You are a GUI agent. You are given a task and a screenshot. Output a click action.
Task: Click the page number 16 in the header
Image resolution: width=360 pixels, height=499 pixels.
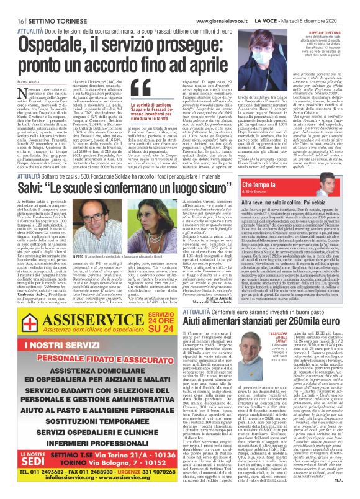(13, 6)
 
